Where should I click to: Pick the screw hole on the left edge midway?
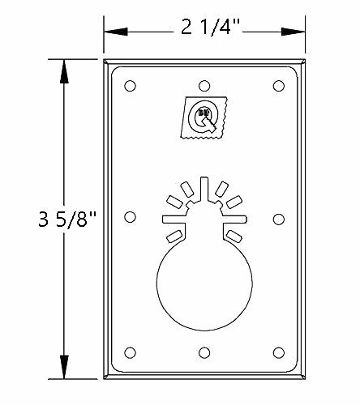(x=131, y=216)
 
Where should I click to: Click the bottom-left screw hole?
(x=131, y=352)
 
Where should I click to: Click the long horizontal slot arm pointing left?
(x=174, y=217)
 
